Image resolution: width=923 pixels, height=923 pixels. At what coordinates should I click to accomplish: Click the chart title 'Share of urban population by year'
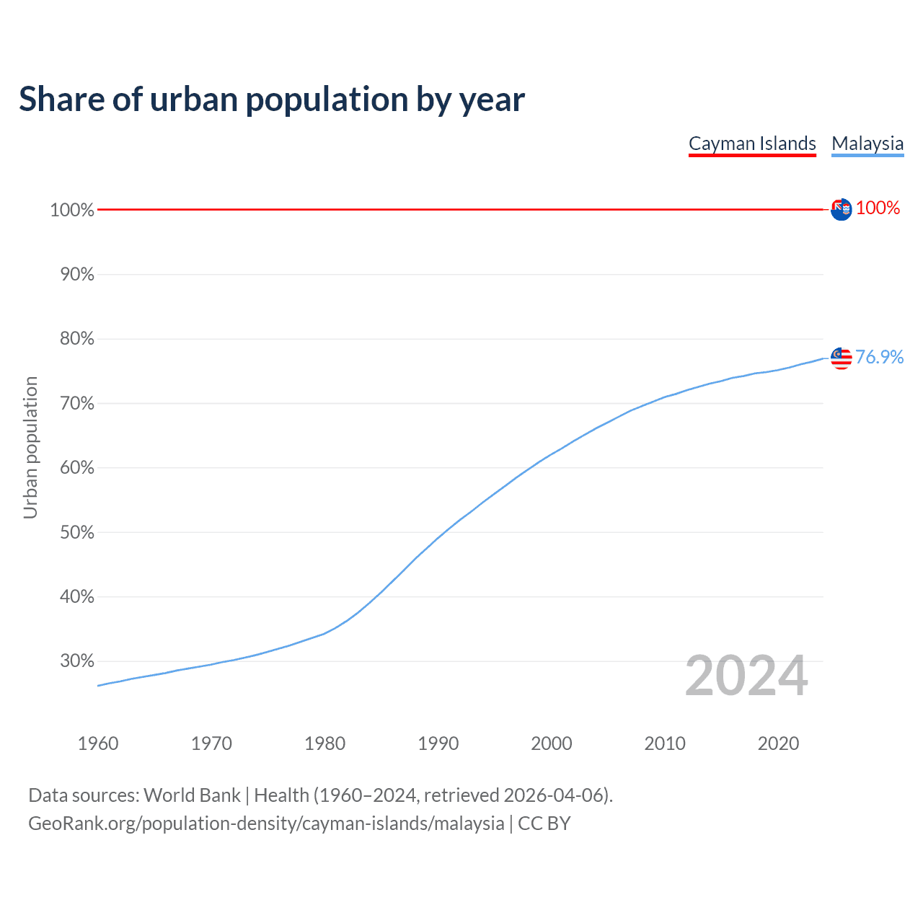[272, 100]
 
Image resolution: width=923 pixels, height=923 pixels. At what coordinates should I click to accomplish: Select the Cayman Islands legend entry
[752, 143]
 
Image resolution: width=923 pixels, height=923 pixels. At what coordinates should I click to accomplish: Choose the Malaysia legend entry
[867, 143]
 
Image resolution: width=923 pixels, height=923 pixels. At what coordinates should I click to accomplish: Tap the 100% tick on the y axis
[72, 210]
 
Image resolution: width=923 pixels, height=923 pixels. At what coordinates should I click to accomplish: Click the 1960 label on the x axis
[98, 743]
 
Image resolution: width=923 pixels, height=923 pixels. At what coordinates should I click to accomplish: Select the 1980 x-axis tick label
[325, 743]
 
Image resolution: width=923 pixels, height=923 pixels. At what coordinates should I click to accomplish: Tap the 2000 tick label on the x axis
[552, 743]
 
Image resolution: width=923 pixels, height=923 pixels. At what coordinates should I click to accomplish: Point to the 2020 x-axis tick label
[778, 743]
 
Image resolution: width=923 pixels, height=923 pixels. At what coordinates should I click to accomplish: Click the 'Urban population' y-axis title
[30, 447]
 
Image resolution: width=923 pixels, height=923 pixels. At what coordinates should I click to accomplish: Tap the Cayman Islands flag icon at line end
[841, 209]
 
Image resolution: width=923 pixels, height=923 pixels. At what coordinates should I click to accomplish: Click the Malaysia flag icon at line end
[841, 358]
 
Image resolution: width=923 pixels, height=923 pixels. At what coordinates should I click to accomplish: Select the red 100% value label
[878, 208]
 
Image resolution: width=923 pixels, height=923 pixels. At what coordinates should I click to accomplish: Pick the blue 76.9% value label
[879, 357]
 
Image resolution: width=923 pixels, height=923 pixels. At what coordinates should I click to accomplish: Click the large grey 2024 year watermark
[746, 676]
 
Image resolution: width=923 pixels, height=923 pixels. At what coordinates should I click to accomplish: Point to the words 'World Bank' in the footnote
[192, 795]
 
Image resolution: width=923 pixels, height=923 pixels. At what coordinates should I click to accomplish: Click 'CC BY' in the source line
[544, 823]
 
